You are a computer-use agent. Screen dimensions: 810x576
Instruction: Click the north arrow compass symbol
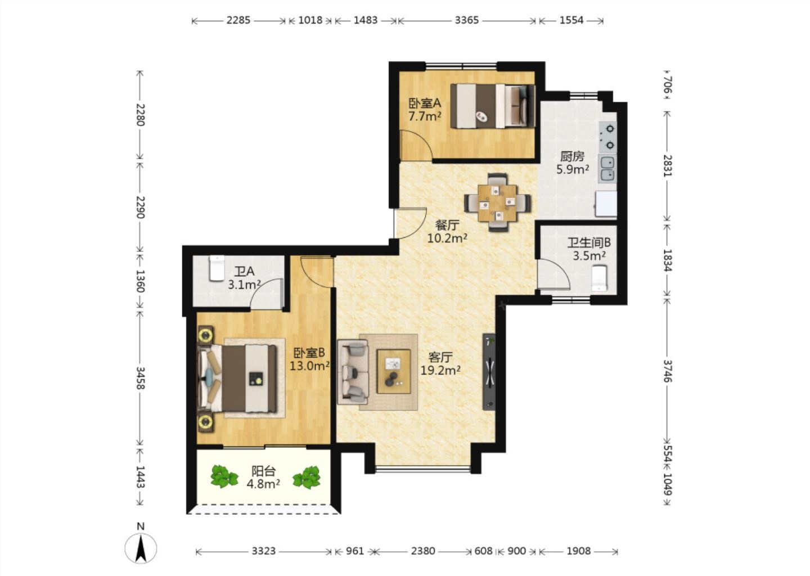pyautogui.click(x=141, y=548)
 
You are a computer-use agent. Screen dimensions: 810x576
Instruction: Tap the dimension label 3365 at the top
pyautogui.click(x=466, y=20)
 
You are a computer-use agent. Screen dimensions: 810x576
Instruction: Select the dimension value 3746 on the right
pyautogui.click(x=668, y=371)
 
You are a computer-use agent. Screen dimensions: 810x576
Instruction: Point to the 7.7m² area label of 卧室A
pyautogui.click(x=425, y=116)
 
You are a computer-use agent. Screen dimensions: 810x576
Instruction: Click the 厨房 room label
pyautogui.click(x=573, y=156)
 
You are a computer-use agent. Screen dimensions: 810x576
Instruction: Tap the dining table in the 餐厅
pyautogui.click(x=497, y=202)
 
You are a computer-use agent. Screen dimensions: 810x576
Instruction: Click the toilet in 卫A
pyautogui.click(x=217, y=268)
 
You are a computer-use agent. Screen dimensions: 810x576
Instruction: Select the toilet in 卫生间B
pyautogui.click(x=599, y=278)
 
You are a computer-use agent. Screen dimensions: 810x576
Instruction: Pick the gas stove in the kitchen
pyautogui.click(x=608, y=137)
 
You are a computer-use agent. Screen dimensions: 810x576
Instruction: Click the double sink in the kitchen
pyautogui.click(x=607, y=169)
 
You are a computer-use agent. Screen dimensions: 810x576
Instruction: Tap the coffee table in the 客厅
pyautogui.click(x=393, y=371)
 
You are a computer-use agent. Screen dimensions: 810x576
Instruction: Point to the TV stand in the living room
pyautogui.click(x=489, y=372)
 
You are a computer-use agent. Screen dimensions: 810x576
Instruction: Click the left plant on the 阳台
pyautogui.click(x=224, y=476)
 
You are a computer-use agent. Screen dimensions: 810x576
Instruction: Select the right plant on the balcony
pyautogui.click(x=307, y=478)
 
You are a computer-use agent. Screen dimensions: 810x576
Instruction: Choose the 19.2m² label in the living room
pyautogui.click(x=440, y=370)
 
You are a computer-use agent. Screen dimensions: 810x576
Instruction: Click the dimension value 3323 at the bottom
pyautogui.click(x=264, y=551)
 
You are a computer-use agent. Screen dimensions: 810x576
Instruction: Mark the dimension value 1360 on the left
pyautogui.click(x=140, y=281)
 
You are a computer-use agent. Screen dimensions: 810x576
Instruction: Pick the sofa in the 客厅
pyautogui.click(x=353, y=371)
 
